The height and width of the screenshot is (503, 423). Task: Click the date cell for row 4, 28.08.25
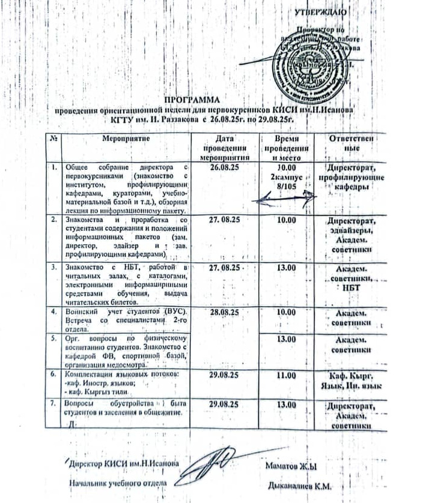pos(225,313)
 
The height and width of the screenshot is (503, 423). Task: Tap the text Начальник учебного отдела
pos(117,482)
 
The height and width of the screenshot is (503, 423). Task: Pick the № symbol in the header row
pos(54,137)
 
